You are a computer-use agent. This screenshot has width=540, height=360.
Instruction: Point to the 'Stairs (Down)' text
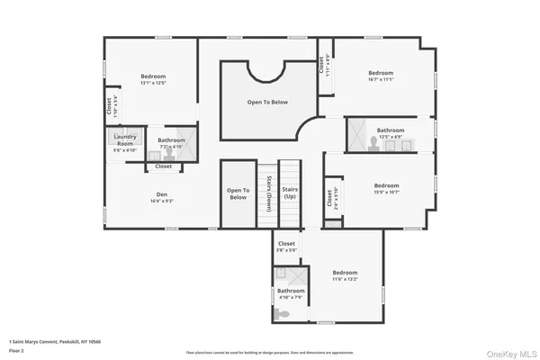(x=268, y=192)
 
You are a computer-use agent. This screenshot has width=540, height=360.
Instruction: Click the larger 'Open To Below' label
(x=267, y=102)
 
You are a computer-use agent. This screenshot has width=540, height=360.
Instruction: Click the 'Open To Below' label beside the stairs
(x=238, y=193)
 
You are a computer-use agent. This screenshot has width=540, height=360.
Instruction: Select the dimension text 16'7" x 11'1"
(x=381, y=79)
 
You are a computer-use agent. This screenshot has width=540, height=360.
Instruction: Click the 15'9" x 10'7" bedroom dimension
(x=386, y=192)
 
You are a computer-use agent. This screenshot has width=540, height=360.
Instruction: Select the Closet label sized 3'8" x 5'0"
(x=286, y=244)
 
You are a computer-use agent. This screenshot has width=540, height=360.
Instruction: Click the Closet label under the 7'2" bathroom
(x=164, y=166)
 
